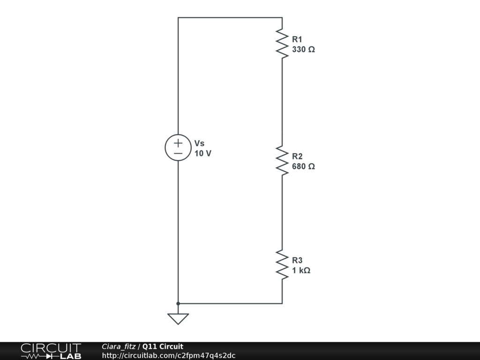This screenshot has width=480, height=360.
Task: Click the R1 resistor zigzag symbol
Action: (x=282, y=44)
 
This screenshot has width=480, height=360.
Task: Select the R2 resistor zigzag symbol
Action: (x=282, y=161)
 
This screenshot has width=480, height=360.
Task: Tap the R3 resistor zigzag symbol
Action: (x=282, y=265)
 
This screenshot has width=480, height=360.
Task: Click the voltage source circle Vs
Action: (x=178, y=148)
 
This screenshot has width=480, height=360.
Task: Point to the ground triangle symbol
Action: (x=178, y=318)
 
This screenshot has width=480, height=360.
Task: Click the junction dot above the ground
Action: (x=178, y=304)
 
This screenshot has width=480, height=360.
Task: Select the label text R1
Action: (x=297, y=39)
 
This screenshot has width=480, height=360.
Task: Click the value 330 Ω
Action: (x=303, y=49)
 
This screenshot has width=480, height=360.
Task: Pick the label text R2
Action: (x=297, y=157)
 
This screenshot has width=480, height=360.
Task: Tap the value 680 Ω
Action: (x=303, y=166)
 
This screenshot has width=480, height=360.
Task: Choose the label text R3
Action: (x=297, y=261)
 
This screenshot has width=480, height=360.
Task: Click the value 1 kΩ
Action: (x=301, y=270)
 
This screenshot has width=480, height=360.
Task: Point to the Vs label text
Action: (x=199, y=143)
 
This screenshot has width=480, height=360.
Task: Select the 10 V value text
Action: (x=203, y=153)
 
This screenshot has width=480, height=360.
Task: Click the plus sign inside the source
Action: (x=178, y=142)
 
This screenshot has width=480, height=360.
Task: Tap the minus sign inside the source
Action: (x=178, y=153)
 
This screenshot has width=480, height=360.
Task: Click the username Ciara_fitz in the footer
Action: (x=119, y=346)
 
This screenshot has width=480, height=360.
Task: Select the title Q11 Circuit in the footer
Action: (x=163, y=346)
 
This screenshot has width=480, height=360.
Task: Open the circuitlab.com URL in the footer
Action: (x=168, y=355)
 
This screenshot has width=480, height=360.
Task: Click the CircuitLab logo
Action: (x=51, y=351)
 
